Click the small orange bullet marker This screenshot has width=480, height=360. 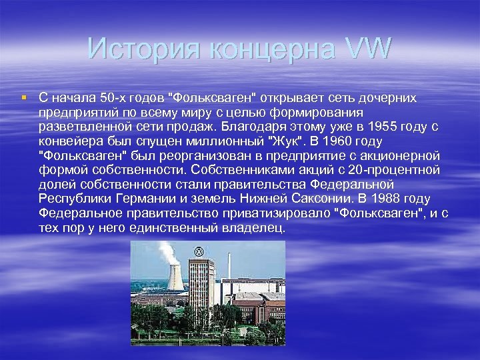click(x=24, y=98)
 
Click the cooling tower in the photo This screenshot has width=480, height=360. click(x=175, y=277)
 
